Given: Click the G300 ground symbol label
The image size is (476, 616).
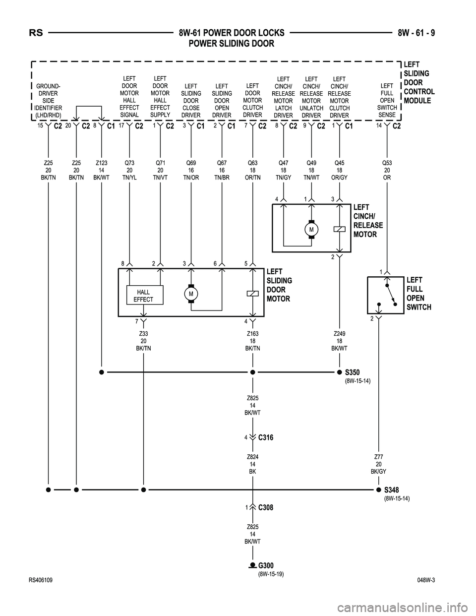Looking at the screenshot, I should (266, 565).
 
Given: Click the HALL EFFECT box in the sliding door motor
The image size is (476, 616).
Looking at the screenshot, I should (143, 296).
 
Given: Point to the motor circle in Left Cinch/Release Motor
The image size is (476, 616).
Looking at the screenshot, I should (311, 230).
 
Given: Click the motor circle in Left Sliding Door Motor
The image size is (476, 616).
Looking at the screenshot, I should (191, 294).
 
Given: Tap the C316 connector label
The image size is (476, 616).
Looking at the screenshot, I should (266, 437).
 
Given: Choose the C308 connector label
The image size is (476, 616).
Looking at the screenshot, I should (266, 507).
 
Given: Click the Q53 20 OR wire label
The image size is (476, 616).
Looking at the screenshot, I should (386, 170).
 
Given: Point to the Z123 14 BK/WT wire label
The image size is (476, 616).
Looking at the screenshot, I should (102, 170).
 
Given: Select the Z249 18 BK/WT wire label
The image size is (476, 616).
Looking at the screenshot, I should (339, 341).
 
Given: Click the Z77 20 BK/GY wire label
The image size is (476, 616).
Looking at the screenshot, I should (378, 464).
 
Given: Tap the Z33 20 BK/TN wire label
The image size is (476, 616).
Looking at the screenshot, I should (143, 341).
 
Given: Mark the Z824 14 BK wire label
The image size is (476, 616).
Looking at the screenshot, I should (253, 464).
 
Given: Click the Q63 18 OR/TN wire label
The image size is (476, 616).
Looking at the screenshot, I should (253, 170).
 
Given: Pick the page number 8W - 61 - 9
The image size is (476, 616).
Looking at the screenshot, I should (419, 33).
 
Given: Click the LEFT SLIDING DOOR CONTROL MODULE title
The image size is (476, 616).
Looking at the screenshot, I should (419, 83).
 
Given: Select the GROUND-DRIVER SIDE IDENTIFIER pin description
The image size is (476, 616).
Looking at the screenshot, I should (49, 101).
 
